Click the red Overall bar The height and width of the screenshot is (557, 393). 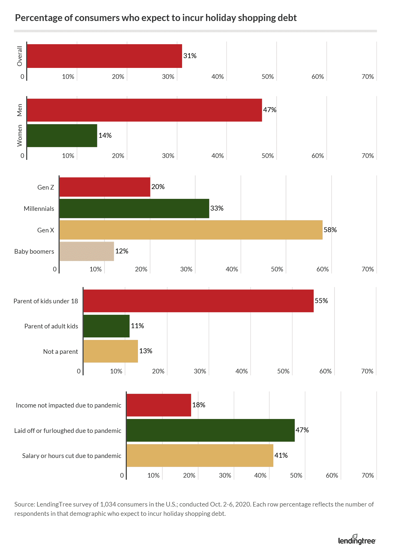tap(104, 56)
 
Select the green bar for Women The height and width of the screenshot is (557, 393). tap(62, 136)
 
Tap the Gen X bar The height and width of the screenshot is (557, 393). tap(191, 230)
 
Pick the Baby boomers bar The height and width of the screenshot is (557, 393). tap(87, 251)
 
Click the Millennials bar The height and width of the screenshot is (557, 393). tap(134, 208)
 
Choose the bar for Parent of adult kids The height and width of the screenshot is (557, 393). tap(107, 326)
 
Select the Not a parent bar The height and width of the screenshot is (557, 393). tap(111, 351)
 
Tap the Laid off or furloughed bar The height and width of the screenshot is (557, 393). tap(211, 430)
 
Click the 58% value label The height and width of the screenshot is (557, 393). tap(330, 230)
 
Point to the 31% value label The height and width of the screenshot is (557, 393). tap(190, 56)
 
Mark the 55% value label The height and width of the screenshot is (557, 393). tap(321, 301)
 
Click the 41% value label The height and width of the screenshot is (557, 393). tap(281, 455)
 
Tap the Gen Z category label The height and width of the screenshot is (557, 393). tap(46, 187)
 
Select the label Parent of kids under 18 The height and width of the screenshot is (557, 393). tap(46, 301)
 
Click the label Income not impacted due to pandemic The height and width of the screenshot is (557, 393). tap(68, 405)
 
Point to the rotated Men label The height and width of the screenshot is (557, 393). tap(20, 110)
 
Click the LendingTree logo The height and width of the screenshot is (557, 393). tap(356, 540)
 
